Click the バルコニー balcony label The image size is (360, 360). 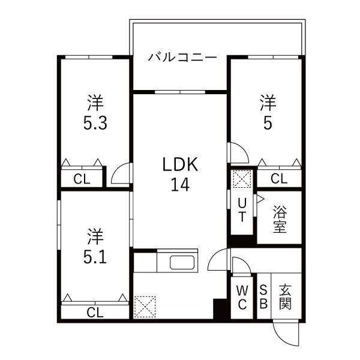(178, 58)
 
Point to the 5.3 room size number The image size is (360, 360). (95, 124)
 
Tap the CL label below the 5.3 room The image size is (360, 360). (82, 178)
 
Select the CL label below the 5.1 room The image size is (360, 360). (94, 312)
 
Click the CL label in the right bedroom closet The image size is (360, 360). (278, 178)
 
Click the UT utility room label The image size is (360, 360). (241, 209)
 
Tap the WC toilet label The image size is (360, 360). (242, 297)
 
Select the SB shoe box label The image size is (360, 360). (263, 297)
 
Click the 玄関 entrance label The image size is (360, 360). (286, 297)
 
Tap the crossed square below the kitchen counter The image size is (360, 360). (145, 306)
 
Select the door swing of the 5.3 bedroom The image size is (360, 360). (122, 173)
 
